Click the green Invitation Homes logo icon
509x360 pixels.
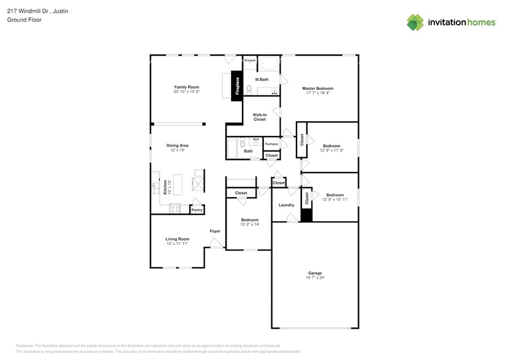(415, 22)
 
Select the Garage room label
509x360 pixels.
(315, 273)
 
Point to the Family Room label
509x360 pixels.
(187, 87)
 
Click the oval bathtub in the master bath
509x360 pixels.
(268, 63)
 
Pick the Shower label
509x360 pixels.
(250, 60)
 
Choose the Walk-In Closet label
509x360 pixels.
(260, 117)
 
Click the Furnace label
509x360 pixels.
(271, 144)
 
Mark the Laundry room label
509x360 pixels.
(286, 205)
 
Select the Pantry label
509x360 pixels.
(197, 210)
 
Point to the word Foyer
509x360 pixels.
(215, 231)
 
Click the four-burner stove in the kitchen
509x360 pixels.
(175, 208)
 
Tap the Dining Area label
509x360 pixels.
(178, 145)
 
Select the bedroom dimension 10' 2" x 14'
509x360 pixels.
(249, 224)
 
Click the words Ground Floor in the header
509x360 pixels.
(20, 20)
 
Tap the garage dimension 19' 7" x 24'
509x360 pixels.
(315, 278)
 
